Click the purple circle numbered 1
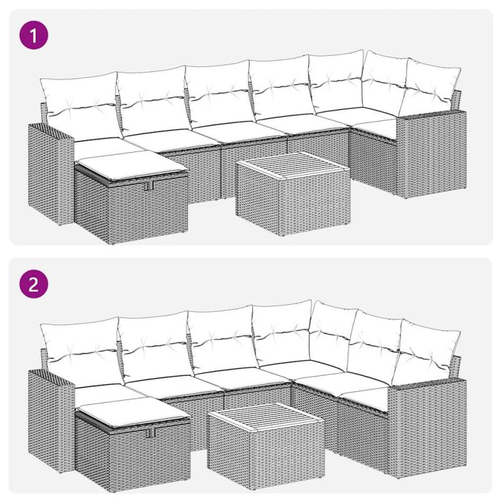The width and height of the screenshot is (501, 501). pos(34,35)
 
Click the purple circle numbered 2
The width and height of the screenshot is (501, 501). pos(34,284)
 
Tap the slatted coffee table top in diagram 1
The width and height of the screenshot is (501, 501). pos(293,166)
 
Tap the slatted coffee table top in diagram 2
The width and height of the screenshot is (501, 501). pos(266,417)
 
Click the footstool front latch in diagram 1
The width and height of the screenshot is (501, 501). pos(149,186)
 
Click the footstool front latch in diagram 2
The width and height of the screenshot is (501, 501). pos(151,433)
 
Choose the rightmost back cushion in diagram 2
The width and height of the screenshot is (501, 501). pos(426,351)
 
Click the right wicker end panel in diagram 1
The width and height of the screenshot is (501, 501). pos(431,154)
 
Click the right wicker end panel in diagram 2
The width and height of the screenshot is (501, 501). pos(427,428)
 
